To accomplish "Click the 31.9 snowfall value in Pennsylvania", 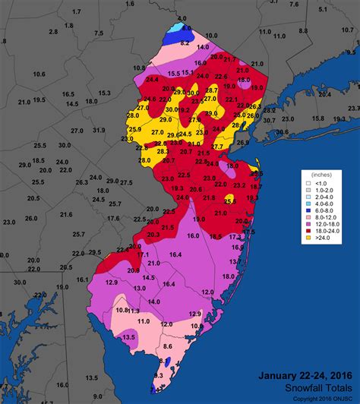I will coord(99,131).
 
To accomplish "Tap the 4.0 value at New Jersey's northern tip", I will coord(182,17).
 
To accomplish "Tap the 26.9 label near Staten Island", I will coord(243,142).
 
